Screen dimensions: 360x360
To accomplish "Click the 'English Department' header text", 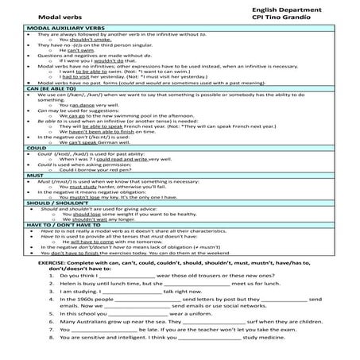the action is (x=281, y=6).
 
